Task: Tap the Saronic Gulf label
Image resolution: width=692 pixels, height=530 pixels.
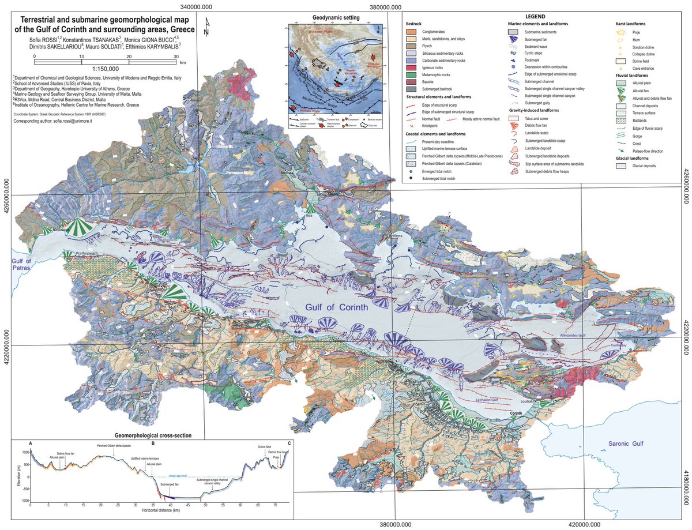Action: click(628, 443)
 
